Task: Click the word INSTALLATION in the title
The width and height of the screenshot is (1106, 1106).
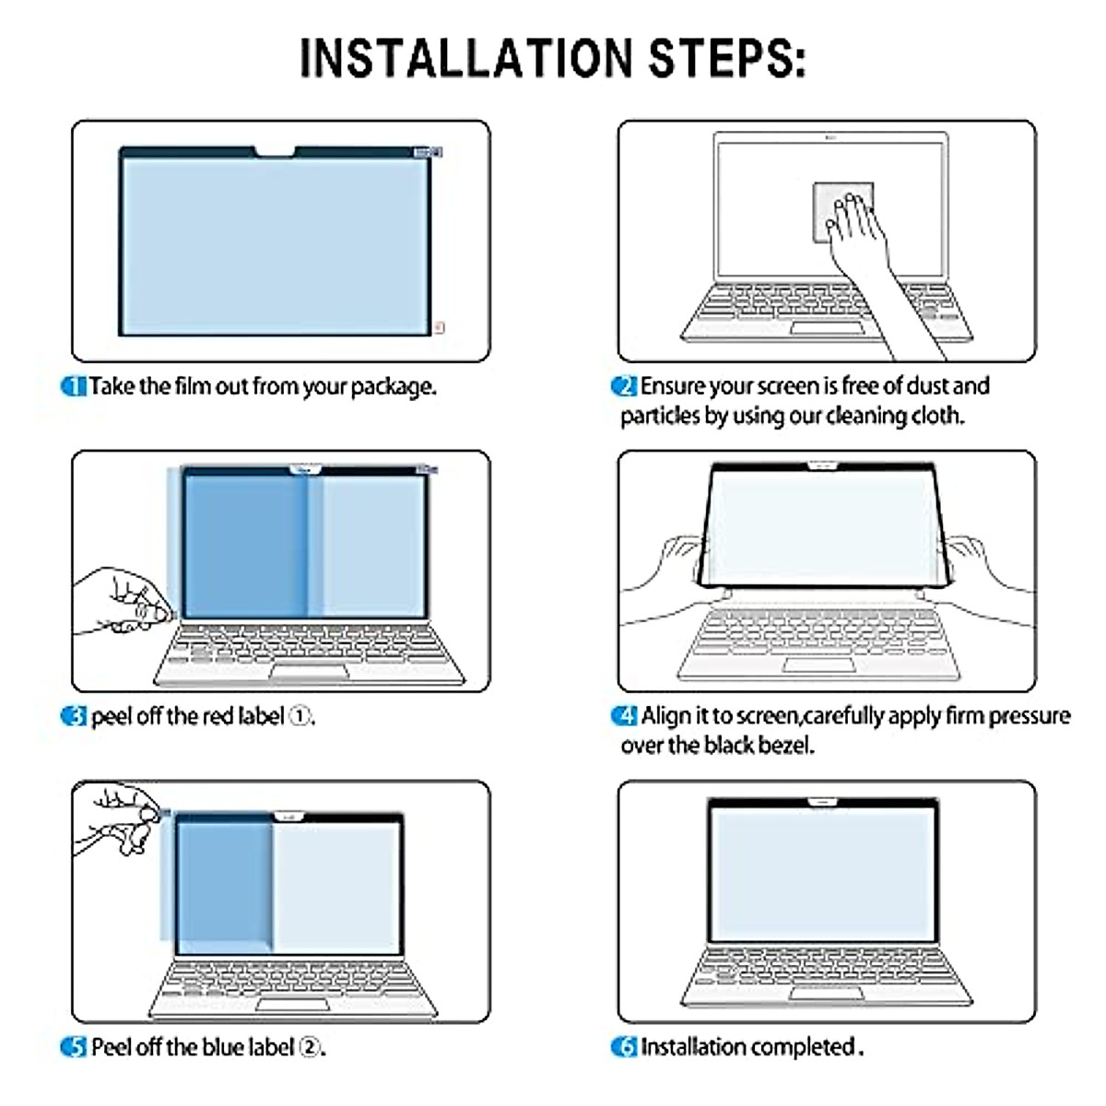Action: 465,58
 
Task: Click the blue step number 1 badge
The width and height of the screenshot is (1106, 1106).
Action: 74,386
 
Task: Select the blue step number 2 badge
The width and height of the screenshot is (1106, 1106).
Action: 624,386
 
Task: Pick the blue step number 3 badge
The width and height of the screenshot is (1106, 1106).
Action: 74,716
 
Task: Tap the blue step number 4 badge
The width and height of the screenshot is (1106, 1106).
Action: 624,716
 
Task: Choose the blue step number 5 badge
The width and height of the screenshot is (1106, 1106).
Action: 74,1047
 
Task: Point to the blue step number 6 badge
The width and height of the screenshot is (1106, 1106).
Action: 624,1047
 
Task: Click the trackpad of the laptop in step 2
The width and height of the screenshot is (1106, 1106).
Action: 827,328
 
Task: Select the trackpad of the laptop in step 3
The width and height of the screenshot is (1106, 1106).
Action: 310,672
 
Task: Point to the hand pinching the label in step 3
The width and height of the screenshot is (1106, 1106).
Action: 124,602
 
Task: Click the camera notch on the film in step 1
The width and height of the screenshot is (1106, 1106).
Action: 275,151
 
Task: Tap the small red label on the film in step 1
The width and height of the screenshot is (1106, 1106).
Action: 439,327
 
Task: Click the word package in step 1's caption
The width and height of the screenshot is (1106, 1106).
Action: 394,387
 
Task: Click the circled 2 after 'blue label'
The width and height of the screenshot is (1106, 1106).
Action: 311,1047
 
